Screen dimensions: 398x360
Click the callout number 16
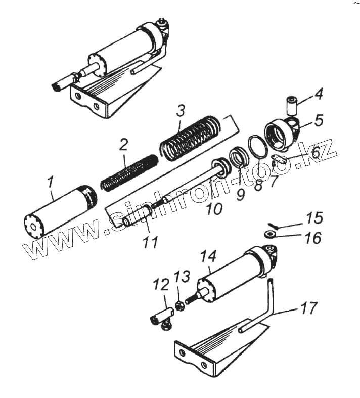click(x=313, y=238)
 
